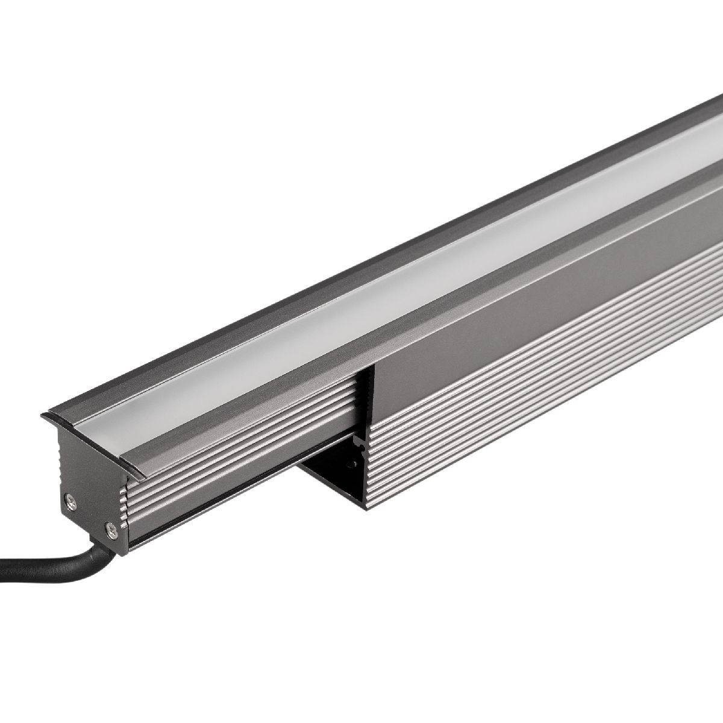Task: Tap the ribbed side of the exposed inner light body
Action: point(241,440)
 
